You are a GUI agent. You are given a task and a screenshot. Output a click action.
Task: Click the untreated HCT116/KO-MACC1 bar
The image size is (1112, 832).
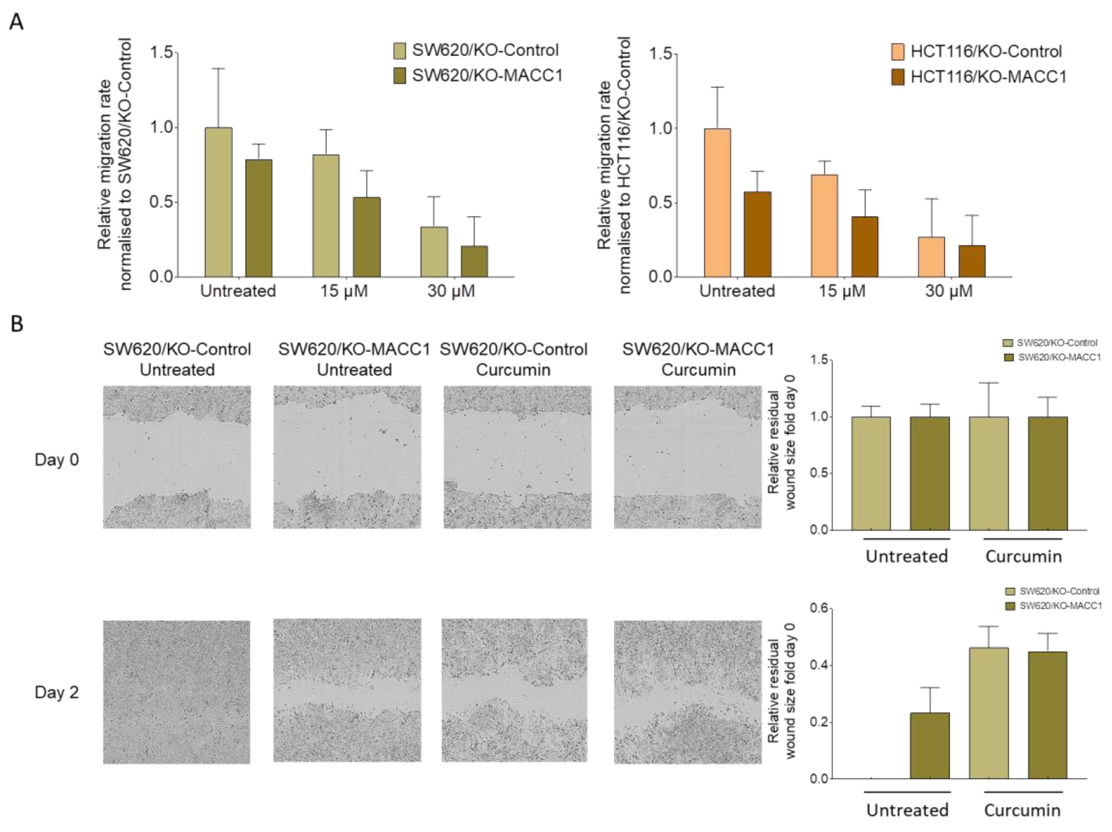point(757,234)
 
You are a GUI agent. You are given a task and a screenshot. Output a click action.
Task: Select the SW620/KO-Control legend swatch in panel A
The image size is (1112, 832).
point(399,50)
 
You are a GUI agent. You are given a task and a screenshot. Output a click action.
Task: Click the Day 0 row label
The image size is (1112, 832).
point(56,459)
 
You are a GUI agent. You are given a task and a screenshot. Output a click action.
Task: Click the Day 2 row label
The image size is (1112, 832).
point(56,692)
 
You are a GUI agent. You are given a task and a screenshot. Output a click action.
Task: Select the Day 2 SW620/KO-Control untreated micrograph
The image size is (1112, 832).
point(176,692)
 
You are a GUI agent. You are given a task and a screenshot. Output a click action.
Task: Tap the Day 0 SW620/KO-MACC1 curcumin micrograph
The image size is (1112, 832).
point(687,457)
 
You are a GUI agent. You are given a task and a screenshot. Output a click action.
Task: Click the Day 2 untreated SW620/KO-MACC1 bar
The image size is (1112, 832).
point(930,746)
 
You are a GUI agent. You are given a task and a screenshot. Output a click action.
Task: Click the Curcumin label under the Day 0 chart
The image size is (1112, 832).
point(1023,556)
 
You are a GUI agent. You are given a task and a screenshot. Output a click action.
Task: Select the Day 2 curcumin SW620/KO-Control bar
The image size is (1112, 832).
point(988,713)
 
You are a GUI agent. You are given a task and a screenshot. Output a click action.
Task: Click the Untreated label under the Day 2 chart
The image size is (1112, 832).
point(907,810)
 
